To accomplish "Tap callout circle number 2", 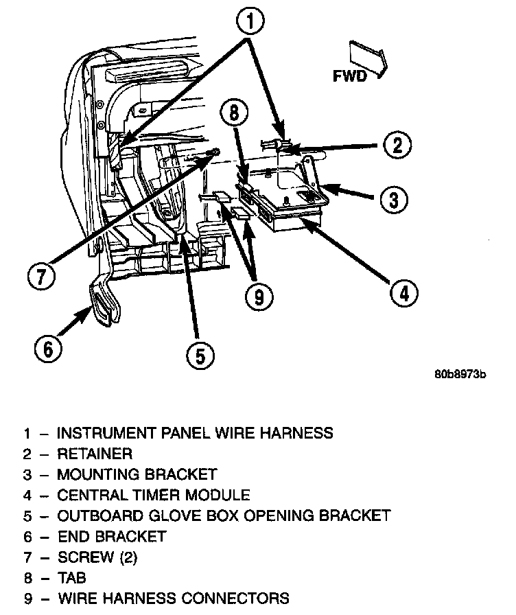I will (397, 145).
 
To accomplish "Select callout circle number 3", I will (393, 200).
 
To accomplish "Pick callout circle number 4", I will (403, 294).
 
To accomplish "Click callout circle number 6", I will (48, 349).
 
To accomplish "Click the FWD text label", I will (350, 76).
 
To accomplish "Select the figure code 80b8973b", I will (460, 375).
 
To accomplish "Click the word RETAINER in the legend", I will (95, 454).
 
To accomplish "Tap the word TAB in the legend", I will (71, 577).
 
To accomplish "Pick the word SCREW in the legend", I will (81, 557).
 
